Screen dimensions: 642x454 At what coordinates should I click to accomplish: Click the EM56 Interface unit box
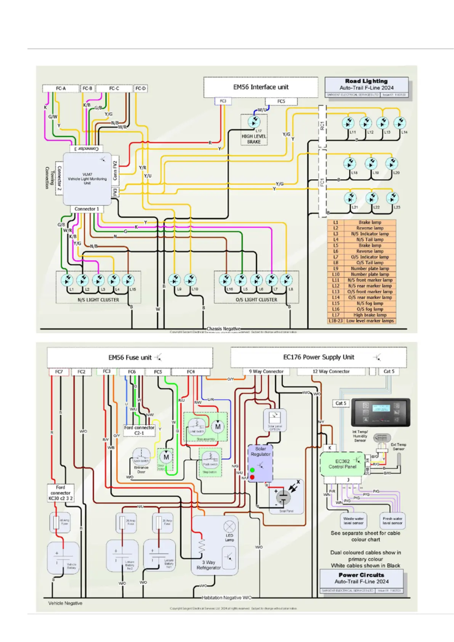261,87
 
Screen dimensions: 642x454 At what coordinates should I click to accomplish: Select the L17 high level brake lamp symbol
254,122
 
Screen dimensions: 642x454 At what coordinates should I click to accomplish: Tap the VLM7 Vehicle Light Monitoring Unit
87,178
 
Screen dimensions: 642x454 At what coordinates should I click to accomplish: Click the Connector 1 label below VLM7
87,209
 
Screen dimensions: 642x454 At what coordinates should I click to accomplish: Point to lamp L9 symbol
174,280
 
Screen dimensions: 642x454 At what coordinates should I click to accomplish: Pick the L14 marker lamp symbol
399,123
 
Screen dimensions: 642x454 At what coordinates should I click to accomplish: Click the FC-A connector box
61,88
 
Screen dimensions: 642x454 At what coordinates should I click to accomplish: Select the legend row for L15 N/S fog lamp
361,303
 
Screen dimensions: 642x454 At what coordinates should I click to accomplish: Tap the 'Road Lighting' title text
366,81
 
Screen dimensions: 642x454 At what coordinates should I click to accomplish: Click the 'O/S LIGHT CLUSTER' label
256,300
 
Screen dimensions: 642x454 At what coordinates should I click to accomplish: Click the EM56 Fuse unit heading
130,358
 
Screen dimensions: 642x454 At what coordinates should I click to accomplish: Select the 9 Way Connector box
266,371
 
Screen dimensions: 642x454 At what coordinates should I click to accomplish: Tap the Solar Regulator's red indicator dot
252,477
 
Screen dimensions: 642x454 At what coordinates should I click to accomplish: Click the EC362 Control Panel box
342,464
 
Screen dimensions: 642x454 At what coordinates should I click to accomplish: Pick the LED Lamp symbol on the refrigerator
229,526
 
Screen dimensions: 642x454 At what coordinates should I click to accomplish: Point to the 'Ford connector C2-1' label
139,430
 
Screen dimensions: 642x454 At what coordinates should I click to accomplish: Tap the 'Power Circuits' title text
361,575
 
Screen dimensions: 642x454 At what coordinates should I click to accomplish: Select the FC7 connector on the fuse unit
59,372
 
